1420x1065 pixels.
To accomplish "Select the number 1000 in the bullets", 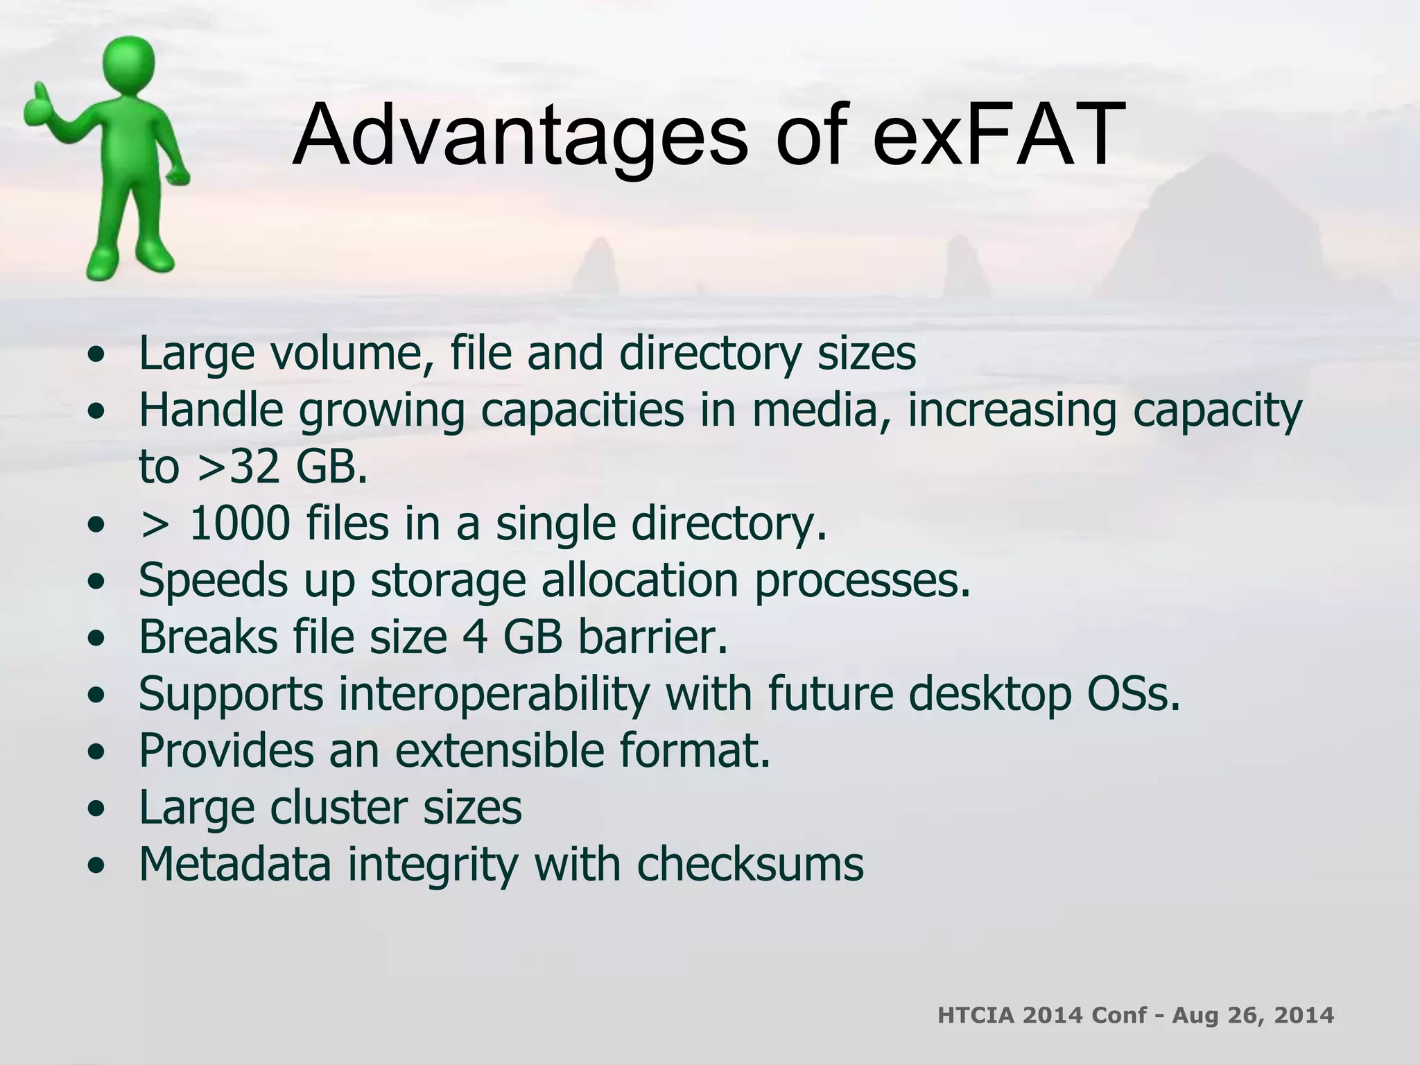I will click(239, 523).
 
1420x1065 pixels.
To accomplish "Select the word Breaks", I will click(208, 637).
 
